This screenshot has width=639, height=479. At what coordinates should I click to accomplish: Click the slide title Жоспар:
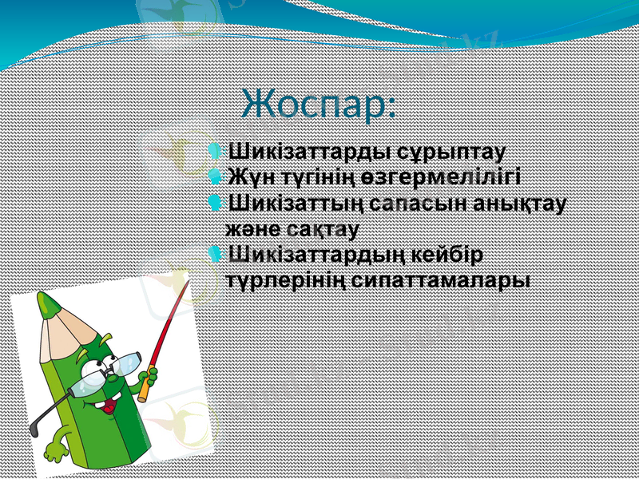coord(319,105)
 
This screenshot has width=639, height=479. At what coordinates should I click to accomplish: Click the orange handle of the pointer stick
coord(145,388)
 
